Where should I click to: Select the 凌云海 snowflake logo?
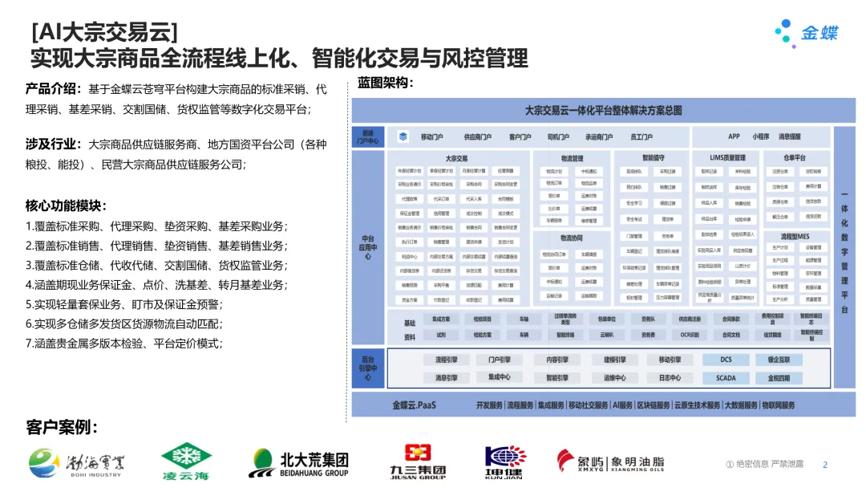(185, 463)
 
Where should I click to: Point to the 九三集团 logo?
(418, 462)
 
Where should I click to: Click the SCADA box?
(725, 377)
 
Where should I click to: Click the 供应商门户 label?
(479, 137)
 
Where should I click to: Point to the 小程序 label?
(761, 136)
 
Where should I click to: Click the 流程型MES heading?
(794, 237)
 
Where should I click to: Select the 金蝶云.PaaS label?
(414, 405)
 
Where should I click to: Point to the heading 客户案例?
(62, 428)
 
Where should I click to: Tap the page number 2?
(825, 464)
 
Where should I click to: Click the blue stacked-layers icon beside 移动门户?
(403, 137)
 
